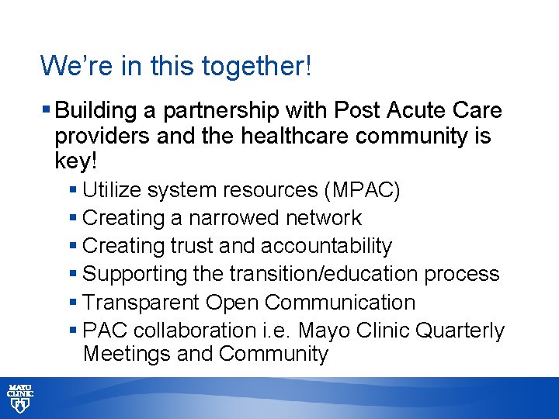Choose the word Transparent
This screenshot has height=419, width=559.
click(x=144, y=302)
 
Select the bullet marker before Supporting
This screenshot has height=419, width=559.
click(x=73, y=274)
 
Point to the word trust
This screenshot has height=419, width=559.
click(x=186, y=246)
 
